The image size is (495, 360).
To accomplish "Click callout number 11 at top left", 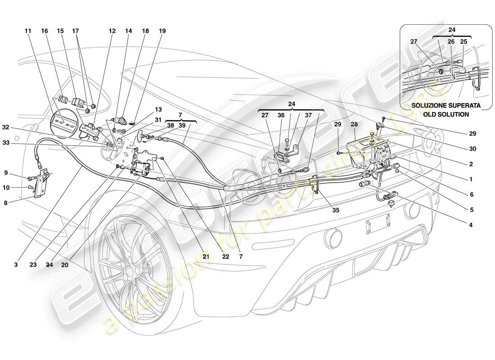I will coord(28,31).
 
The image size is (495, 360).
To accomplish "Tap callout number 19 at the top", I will coord(162,31).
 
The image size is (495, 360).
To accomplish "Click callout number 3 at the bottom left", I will coord(16,265).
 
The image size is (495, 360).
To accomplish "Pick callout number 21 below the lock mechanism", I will coord(206,256).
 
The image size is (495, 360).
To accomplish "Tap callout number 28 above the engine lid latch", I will coord(354,124).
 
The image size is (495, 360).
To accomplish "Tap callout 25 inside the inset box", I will coord(463,42).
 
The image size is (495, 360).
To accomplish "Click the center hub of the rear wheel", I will coord(130,270).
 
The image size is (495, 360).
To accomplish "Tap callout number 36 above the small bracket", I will coord(281,115).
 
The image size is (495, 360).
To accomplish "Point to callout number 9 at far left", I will coord(6,172).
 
